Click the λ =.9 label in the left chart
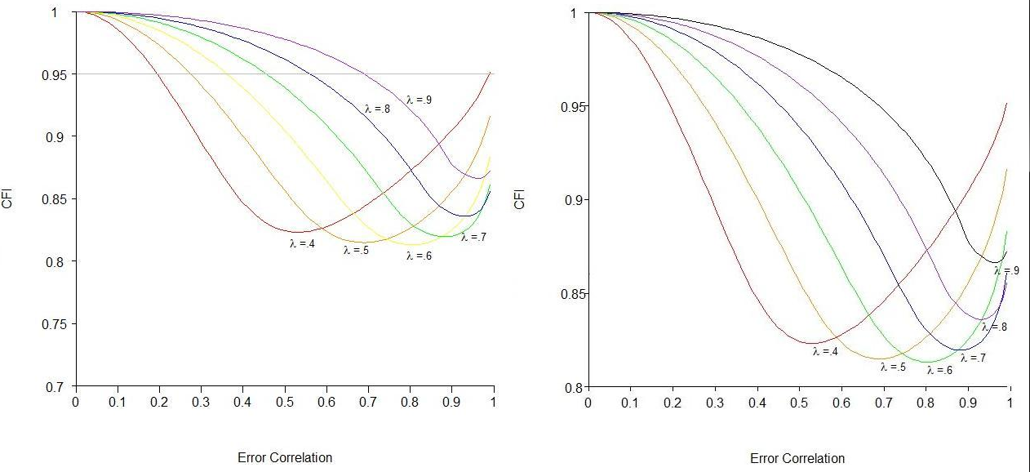[419, 100]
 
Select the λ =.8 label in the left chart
[377, 108]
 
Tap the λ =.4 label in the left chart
[302, 243]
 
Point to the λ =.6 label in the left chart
[420, 256]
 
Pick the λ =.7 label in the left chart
[474, 238]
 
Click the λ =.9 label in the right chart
[1006, 270]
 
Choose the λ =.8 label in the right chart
[994, 327]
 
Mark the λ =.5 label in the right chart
[893, 367]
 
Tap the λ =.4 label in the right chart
[825, 351]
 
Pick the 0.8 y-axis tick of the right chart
[572, 387]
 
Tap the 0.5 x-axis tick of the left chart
[284, 403]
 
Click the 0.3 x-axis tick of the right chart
[715, 403]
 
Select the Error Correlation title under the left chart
[285, 457]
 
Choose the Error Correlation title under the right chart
[797, 458]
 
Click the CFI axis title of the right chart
[520, 198]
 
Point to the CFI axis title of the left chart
[7, 198]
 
